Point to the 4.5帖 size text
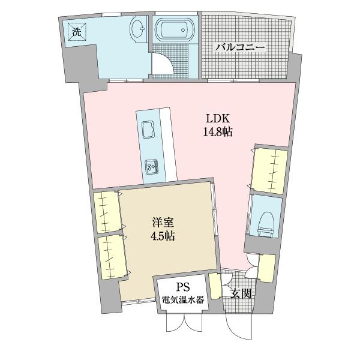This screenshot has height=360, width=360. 163,236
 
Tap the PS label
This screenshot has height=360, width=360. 184,288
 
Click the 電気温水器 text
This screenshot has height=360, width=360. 184,300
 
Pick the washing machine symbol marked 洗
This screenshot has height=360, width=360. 77,32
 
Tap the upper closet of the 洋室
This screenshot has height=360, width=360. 107,212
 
